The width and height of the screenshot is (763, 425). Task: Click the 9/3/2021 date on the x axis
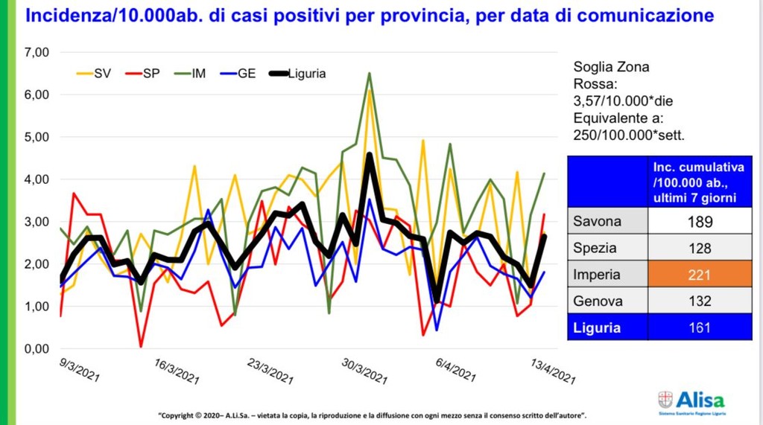tap(79, 368)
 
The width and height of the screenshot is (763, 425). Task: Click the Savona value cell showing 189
tap(700, 221)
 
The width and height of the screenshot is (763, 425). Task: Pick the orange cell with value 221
tap(700, 275)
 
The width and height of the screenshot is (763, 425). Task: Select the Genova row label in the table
tap(600, 301)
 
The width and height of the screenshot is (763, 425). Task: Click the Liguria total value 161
tap(700, 327)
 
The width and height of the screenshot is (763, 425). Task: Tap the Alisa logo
tap(692, 401)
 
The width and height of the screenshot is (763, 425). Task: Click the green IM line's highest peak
tap(369, 73)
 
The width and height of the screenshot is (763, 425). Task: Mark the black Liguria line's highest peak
tap(369, 155)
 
